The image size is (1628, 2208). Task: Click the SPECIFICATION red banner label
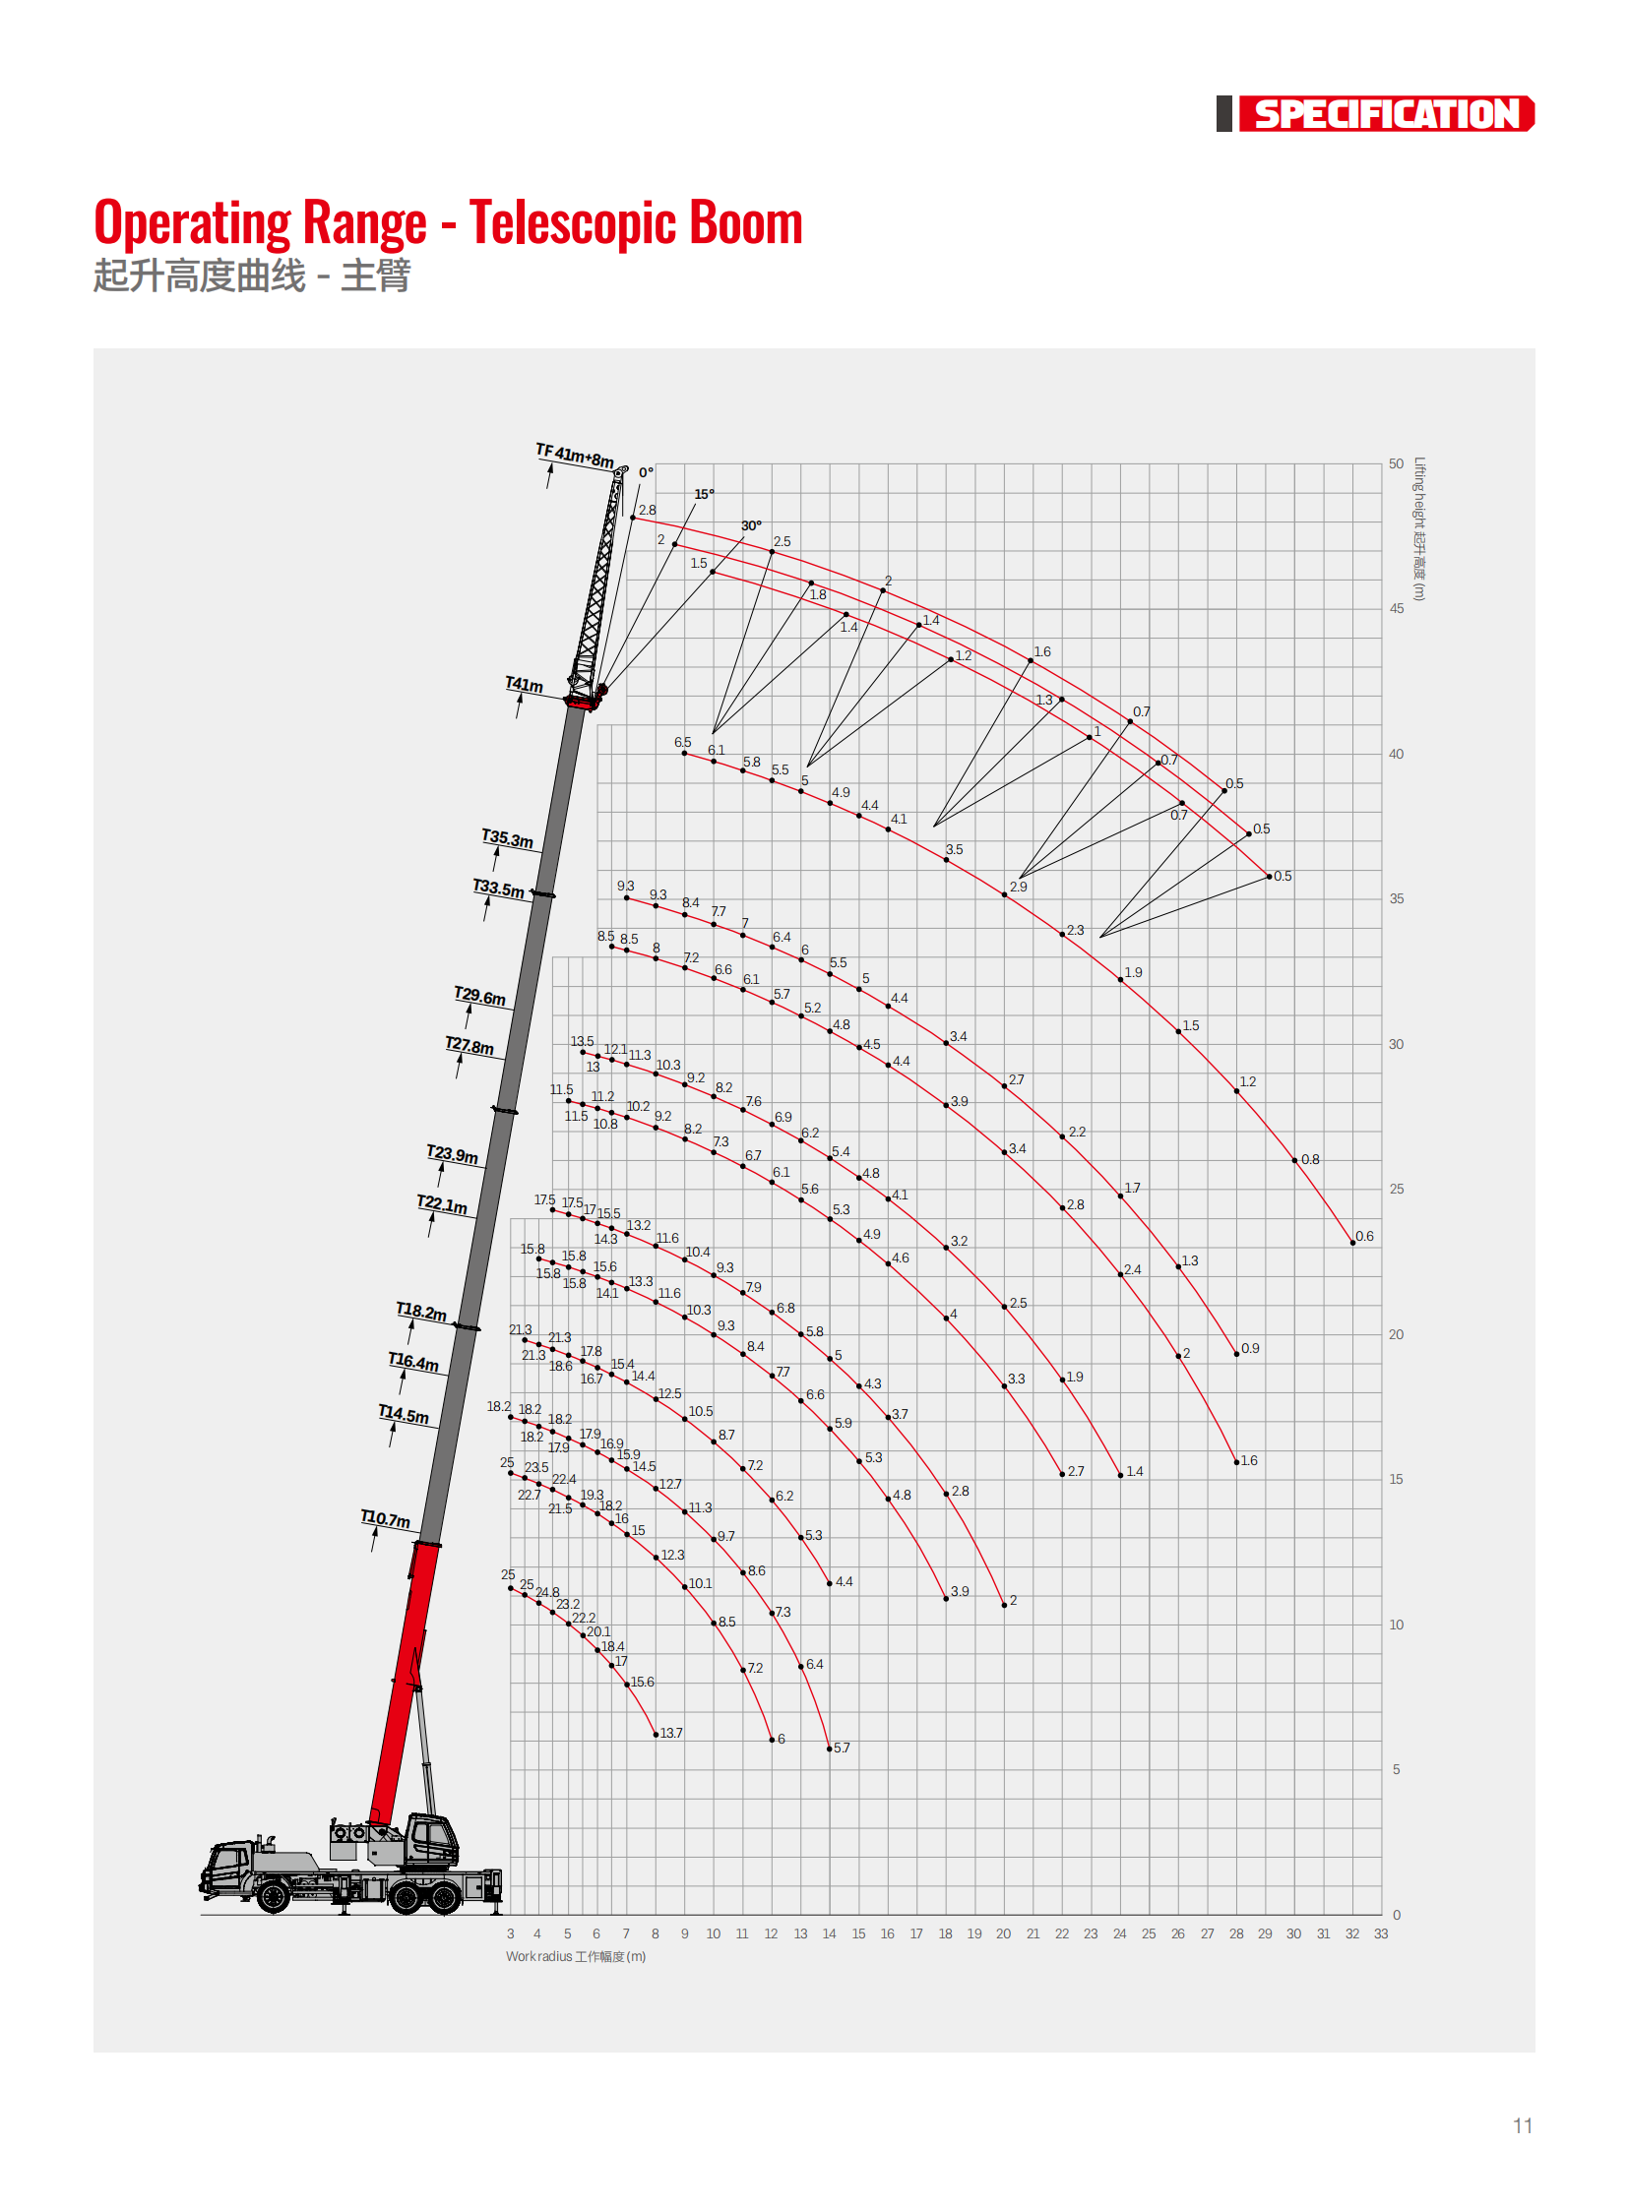pyautogui.click(x=1386, y=114)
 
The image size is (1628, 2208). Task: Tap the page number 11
pyautogui.click(x=1523, y=2126)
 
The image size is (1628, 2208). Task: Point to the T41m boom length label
pyautogui.click(x=525, y=685)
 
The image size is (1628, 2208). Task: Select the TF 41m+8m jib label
pyautogui.click(x=575, y=457)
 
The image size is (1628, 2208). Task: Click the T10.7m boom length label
pyautogui.click(x=385, y=1518)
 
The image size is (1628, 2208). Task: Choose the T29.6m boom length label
pyautogui.click(x=480, y=996)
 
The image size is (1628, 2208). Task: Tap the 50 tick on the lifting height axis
pyautogui.click(x=1397, y=464)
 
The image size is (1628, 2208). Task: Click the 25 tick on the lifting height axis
pyautogui.click(x=1397, y=1190)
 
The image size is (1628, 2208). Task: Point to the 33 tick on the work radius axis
pyautogui.click(x=1381, y=1934)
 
